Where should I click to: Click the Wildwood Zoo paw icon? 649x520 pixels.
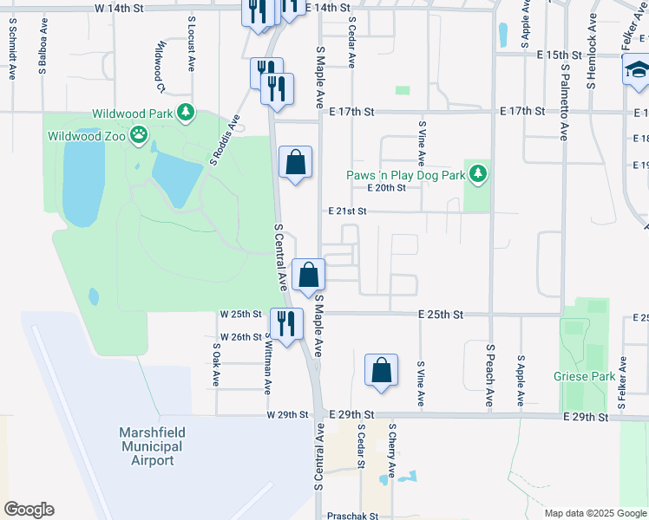(x=139, y=134)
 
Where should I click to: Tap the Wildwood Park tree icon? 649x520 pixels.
(x=184, y=112)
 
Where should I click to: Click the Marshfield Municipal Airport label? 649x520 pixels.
(x=151, y=445)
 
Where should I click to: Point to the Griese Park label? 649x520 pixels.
(x=584, y=376)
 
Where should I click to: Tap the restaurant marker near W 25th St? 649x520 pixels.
(x=286, y=323)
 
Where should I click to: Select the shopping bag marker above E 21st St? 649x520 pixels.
(x=295, y=161)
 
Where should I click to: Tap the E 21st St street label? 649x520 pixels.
(x=348, y=211)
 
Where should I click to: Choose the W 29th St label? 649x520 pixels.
(x=287, y=415)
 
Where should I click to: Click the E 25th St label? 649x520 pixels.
(x=441, y=314)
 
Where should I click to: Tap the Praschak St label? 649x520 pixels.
(x=353, y=516)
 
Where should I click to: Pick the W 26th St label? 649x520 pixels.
(x=241, y=336)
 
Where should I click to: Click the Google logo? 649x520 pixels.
(x=29, y=510)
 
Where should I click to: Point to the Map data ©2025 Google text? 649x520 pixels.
(x=595, y=513)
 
